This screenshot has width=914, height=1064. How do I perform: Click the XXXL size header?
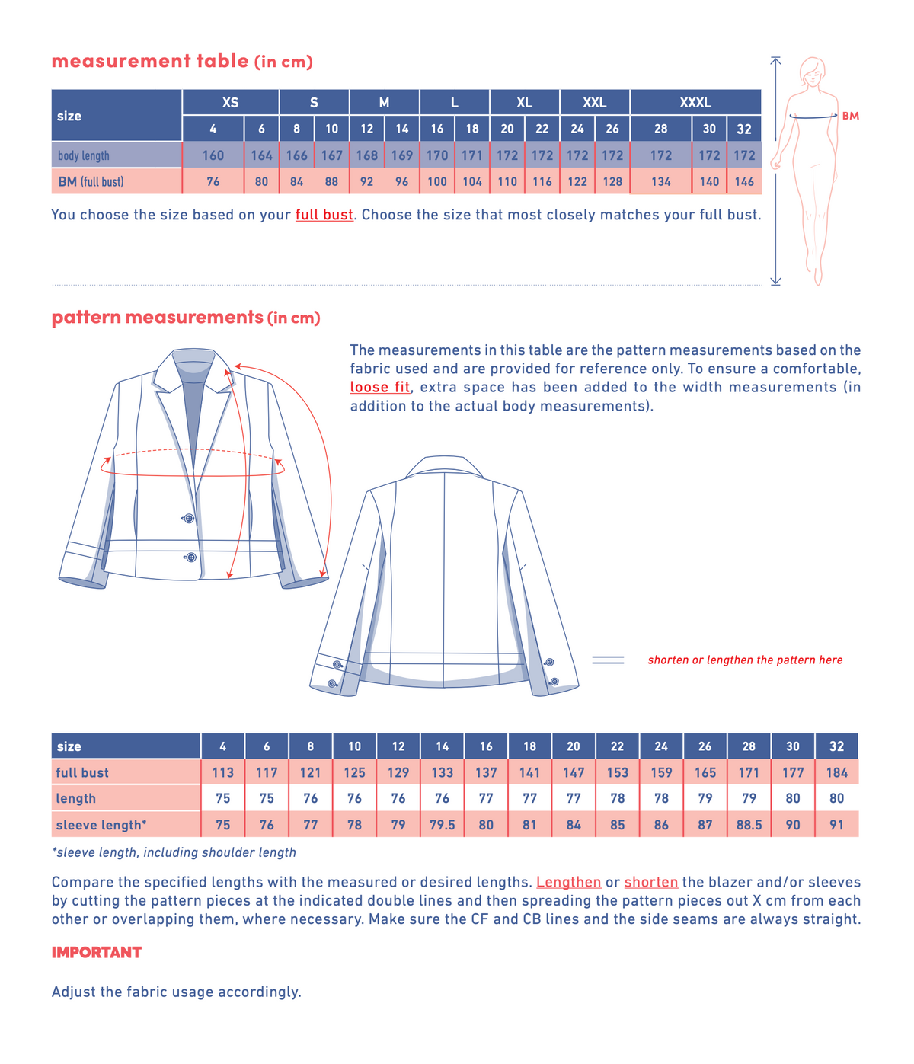pos(695,102)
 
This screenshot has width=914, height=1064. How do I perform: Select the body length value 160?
pos(213,155)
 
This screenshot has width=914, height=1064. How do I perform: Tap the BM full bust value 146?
pos(744,181)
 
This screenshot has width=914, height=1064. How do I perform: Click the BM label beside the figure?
pos(850,116)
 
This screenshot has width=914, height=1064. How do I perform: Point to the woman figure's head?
pos(813,71)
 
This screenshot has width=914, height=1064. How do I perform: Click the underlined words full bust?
pos(324,214)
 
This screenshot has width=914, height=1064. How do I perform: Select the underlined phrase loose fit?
pos(380,387)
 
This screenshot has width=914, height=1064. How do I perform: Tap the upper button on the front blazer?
pos(189,519)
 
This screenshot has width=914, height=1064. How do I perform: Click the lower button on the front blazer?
pos(190,557)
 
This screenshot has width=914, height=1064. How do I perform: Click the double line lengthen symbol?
pos(608,660)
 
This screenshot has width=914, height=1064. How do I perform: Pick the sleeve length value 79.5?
pos(442,825)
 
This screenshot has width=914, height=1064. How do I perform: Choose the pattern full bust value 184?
pos(836,772)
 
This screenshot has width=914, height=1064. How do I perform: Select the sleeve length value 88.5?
pos(749,825)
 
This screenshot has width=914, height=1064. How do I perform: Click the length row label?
pos(75,798)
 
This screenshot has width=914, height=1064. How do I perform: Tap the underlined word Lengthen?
pos(568,882)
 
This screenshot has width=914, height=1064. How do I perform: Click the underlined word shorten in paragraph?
pos(651,882)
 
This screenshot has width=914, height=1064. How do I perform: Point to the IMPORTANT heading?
pos(96,952)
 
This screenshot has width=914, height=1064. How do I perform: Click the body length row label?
pos(84,155)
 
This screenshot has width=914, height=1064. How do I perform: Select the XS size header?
pos(230,102)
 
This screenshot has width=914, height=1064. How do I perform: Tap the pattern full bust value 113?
pos(222,772)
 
